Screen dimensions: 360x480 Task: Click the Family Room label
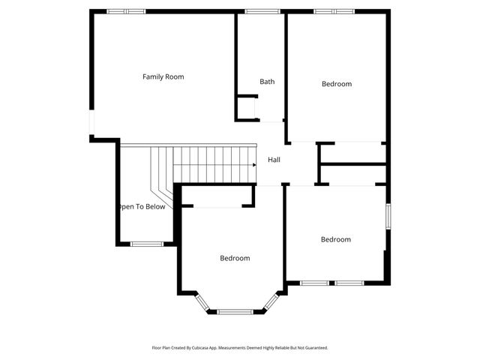tap(163, 76)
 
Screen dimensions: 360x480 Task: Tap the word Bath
tap(267, 82)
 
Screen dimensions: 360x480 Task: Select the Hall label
tap(274, 160)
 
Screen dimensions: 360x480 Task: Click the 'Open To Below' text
tap(142, 207)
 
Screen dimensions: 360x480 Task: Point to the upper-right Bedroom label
tap(336, 84)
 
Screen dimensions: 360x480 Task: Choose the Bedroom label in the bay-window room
tap(235, 258)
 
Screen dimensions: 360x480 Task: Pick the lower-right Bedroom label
tap(335, 239)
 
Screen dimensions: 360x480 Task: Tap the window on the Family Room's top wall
tap(126, 11)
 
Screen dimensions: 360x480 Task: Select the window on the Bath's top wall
tap(262, 11)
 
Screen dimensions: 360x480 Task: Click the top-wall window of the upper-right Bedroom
tap(334, 11)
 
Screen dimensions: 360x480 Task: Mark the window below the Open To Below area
tap(147, 243)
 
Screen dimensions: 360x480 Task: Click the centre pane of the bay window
tap(235, 311)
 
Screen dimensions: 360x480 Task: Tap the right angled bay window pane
tap(269, 301)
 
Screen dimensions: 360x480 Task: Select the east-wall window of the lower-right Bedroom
tap(388, 216)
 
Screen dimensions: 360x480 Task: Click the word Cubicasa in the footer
tap(197, 348)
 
